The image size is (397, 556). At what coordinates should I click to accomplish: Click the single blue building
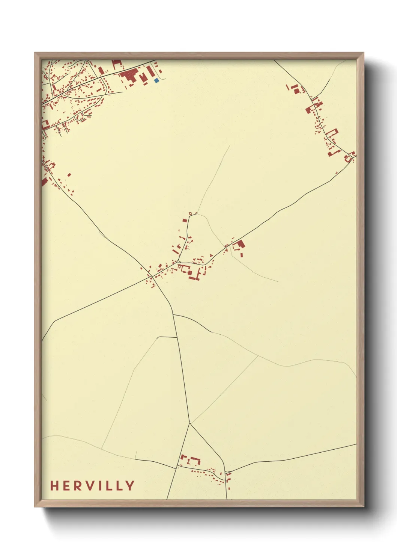coord(156,80)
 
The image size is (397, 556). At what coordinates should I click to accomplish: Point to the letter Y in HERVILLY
coord(130,485)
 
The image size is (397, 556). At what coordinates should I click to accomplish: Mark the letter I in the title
coord(99,485)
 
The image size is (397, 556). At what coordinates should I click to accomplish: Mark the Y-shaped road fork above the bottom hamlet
coord(190,423)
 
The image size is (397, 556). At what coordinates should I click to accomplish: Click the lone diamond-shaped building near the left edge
coord(69,174)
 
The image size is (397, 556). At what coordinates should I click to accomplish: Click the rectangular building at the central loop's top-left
coord(184,221)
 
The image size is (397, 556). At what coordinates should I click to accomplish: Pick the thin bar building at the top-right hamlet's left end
coord(289,87)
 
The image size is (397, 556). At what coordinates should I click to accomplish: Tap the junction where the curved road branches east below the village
coord(174,315)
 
